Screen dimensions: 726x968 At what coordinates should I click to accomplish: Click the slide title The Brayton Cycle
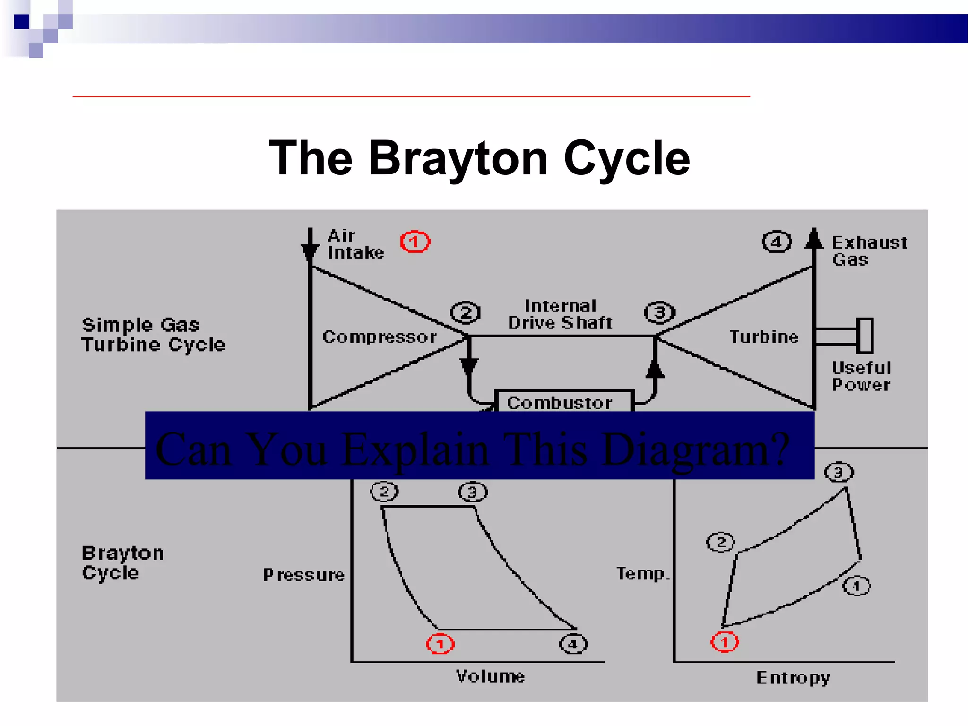[x=479, y=158]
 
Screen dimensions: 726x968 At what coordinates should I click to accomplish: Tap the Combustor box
[x=562, y=402]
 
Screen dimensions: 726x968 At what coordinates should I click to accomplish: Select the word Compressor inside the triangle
[x=380, y=337]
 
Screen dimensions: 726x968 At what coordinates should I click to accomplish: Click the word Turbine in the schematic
[x=764, y=337]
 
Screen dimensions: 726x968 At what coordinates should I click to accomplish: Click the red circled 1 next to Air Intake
[x=415, y=242]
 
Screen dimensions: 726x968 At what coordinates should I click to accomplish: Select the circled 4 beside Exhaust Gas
[x=776, y=242]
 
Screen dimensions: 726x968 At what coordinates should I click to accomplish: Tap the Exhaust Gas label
[x=869, y=251]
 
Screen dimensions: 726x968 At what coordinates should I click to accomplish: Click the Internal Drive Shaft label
[x=560, y=314]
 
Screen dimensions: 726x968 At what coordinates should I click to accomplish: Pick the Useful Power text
[x=861, y=376]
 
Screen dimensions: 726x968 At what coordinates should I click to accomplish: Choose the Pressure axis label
[x=304, y=575]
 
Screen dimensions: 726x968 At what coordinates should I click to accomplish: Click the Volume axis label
[x=490, y=676]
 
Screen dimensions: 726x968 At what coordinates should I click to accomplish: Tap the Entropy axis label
[x=793, y=677]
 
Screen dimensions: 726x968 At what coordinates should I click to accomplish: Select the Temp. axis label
[x=643, y=573]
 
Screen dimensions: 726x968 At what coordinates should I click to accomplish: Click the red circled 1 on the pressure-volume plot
[x=440, y=644]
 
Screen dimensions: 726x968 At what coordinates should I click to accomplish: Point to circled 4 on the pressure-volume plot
[x=573, y=644]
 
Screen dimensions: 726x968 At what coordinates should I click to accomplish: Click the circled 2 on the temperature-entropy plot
[x=720, y=542]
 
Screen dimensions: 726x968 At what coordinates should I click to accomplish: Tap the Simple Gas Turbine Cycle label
[x=153, y=335]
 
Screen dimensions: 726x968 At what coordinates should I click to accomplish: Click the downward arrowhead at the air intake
[x=310, y=253]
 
